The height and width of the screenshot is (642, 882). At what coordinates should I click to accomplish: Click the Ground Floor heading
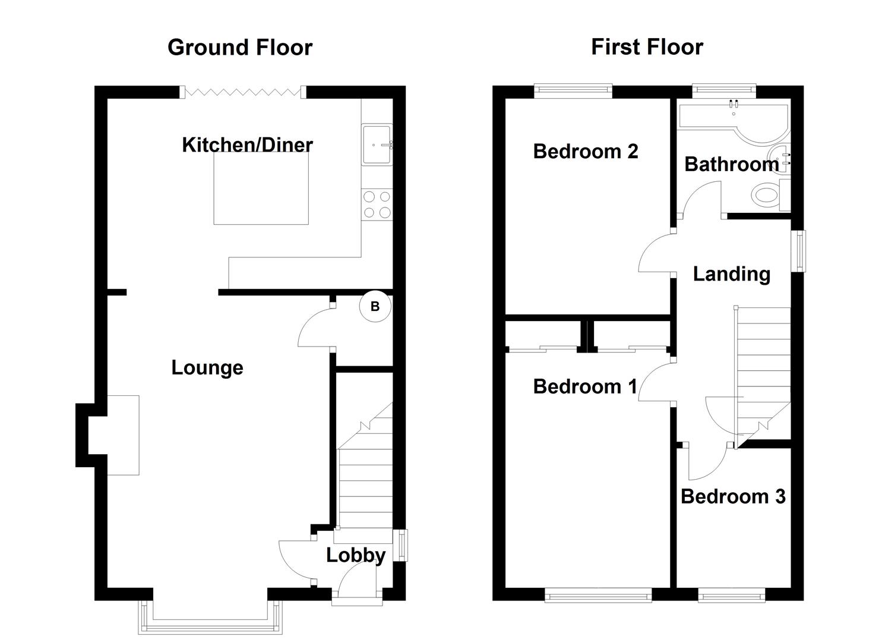point(239,48)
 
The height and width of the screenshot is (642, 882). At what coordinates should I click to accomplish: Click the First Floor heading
point(647,47)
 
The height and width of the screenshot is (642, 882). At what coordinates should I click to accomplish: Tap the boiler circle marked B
point(375,307)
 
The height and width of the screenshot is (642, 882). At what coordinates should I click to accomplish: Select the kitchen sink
point(375,144)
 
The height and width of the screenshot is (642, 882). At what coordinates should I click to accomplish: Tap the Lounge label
point(207,367)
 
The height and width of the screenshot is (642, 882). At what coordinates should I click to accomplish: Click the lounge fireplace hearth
point(123,435)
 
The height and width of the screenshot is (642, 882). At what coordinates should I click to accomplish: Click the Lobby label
point(356,555)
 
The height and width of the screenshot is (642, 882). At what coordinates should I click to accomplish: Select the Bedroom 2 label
point(585,152)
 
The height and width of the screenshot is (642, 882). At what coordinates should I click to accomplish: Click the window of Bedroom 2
point(573,91)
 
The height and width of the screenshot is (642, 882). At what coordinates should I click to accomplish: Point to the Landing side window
point(802,251)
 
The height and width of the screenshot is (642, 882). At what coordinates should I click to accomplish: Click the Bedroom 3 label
point(733,496)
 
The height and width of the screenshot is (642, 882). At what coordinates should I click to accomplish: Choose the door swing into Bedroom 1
point(656,383)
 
